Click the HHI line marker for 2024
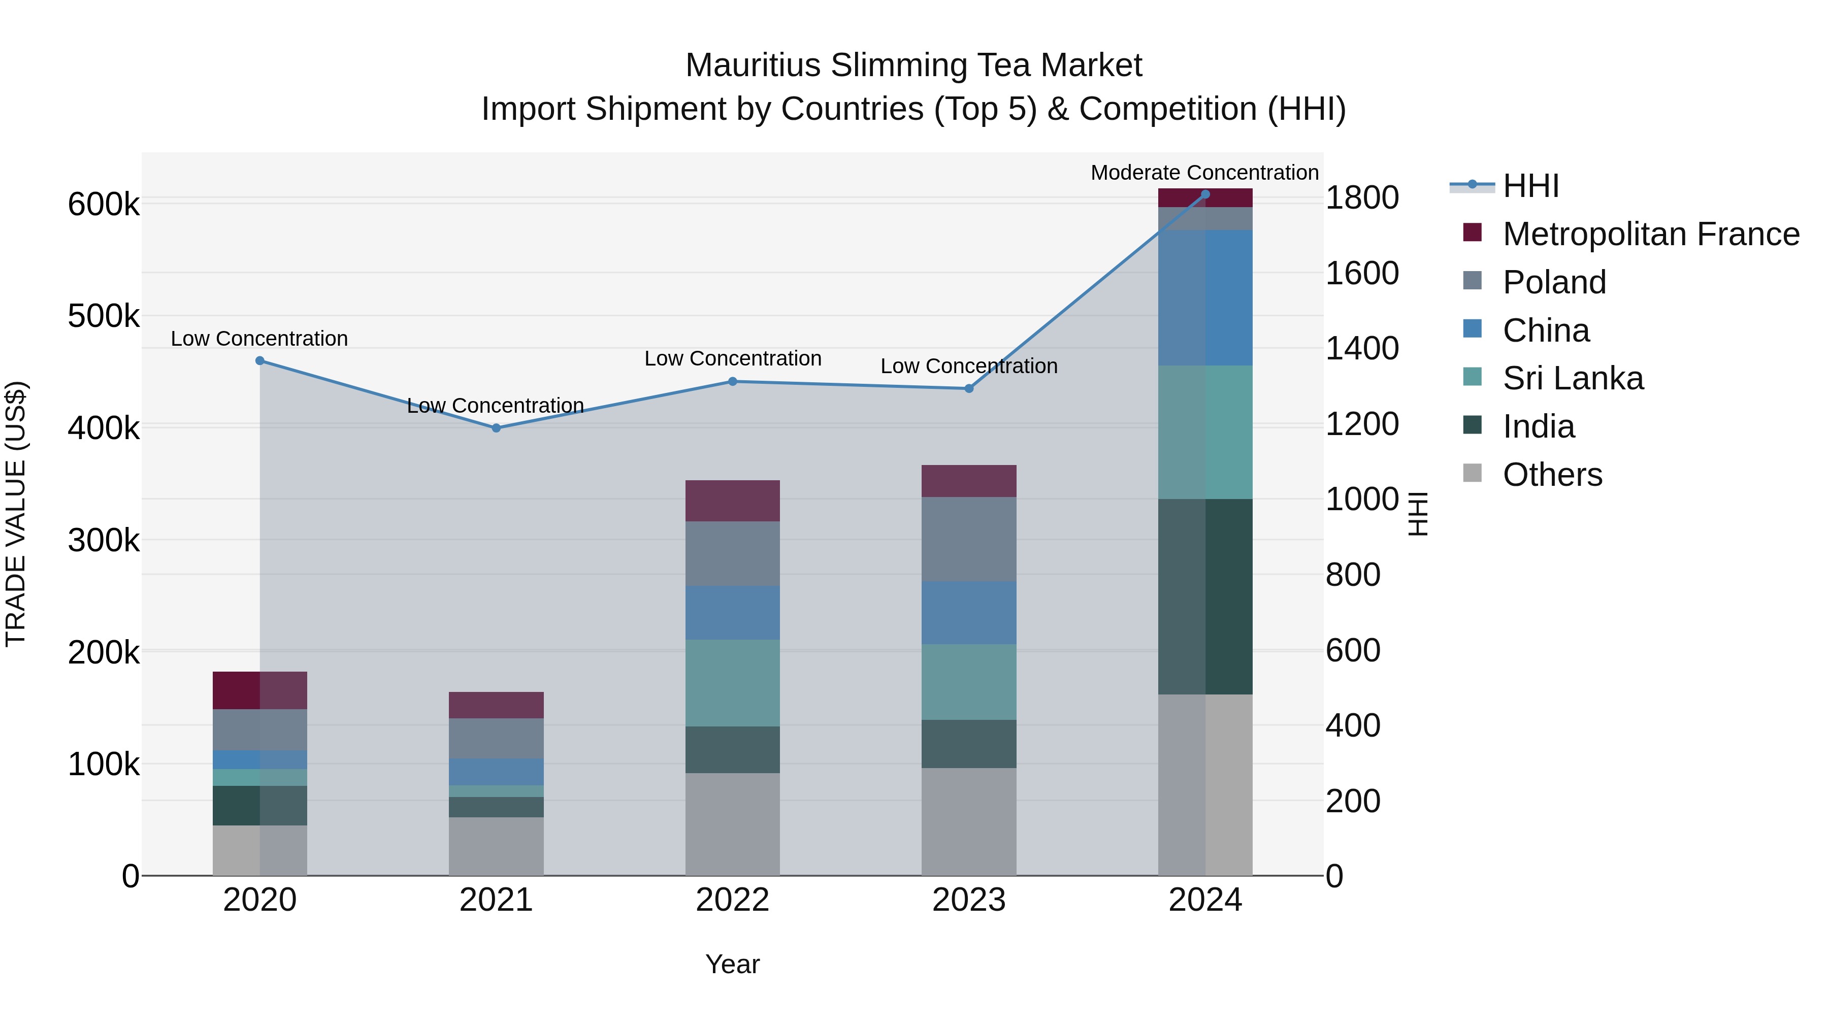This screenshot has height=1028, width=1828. point(1205,194)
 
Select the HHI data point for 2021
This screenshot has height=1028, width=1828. point(496,428)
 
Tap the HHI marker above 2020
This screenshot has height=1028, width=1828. point(259,360)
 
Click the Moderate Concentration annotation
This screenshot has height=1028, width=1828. point(1204,173)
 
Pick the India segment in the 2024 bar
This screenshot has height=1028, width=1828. point(1205,596)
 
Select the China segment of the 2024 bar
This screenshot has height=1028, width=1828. point(1205,297)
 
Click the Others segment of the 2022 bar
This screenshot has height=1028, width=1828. point(732,824)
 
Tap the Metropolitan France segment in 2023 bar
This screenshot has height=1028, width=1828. point(969,481)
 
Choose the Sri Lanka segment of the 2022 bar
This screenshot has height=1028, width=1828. point(732,682)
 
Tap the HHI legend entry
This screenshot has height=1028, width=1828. point(1530,186)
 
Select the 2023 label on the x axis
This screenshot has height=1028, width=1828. point(969,900)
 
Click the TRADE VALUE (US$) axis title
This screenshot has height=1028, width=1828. point(16,514)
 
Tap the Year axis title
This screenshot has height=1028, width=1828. point(732,964)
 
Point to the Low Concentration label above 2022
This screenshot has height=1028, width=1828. point(732,358)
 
